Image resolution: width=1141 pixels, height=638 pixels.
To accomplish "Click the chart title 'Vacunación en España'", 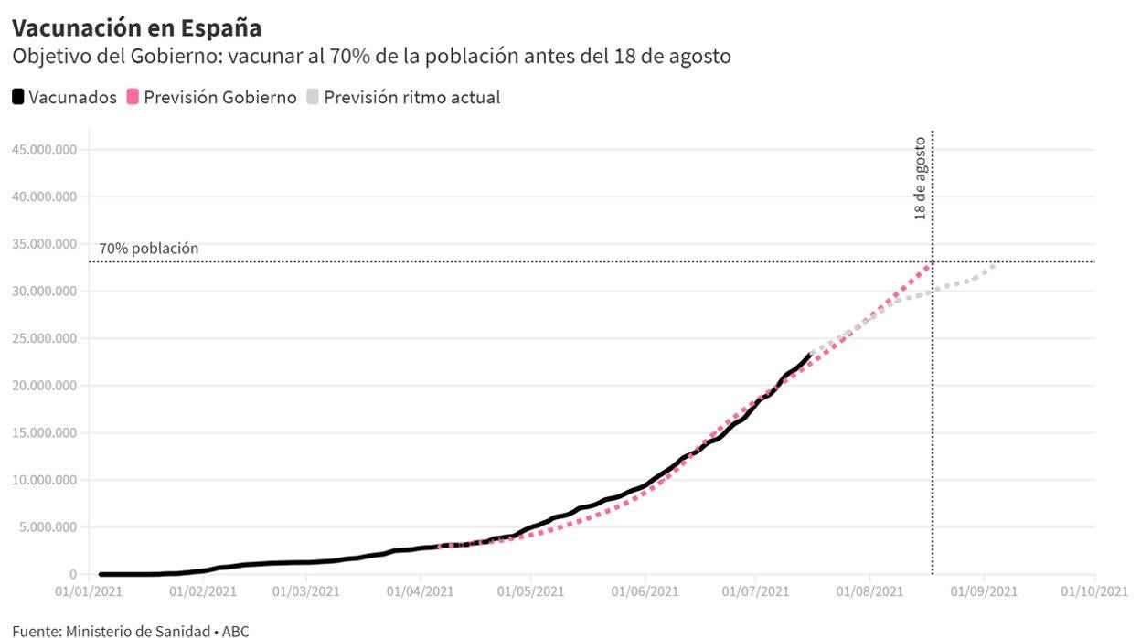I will [136, 27].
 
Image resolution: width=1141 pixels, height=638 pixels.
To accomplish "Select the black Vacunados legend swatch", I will [18, 97].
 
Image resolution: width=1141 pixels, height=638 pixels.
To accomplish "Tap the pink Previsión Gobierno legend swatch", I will [133, 97].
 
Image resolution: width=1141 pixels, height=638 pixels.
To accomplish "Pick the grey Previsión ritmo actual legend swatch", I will [313, 97].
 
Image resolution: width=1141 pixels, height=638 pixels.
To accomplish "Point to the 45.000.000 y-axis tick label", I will [45, 149].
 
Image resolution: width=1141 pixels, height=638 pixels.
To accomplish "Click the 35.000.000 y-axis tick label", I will [45, 244].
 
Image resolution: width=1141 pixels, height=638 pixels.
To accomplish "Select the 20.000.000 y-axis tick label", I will [45, 386].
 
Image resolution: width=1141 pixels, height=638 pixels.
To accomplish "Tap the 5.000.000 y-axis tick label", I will [48, 527].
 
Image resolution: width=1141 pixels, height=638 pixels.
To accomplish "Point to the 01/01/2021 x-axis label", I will [89, 591].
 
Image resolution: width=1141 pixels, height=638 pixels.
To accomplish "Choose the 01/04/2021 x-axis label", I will [420, 591].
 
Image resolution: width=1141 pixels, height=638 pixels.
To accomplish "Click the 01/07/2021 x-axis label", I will [756, 591].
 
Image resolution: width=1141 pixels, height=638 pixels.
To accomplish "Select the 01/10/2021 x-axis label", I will [1095, 591].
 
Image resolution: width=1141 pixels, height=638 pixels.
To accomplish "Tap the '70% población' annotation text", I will [148, 249].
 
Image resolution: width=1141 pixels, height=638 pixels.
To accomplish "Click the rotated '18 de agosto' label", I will [920, 178].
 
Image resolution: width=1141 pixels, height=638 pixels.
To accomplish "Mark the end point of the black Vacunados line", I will [810, 354].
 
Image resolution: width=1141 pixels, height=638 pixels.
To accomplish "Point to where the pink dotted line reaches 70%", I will [931, 262].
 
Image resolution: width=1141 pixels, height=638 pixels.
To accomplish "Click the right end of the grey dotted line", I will [996, 264].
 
